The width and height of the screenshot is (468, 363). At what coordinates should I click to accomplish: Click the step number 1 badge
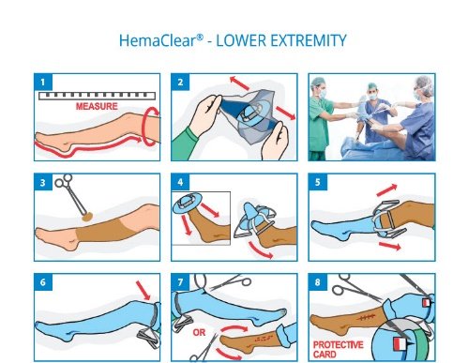pyautogui.click(x=43, y=83)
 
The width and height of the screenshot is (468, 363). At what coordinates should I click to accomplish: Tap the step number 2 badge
pyautogui.click(x=180, y=83)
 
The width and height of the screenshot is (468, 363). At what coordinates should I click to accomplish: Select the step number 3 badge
pyautogui.click(x=43, y=182)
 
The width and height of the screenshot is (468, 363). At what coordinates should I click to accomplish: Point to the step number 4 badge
pyautogui.click(x=180, y=182)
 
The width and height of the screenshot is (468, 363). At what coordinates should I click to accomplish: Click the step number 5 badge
pyautogui.click(x=318, y=182)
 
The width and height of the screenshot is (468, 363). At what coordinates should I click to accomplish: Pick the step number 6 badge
pyautogui.click(x=43, y=282)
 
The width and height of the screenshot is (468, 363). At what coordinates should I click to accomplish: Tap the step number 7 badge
pyautogui.click(x=180, y=282)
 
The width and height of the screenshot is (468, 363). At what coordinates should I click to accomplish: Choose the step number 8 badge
pyautogui.click(x=318, y=282)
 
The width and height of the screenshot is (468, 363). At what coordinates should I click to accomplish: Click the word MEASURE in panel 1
pyautogui.click(x=97, y=106)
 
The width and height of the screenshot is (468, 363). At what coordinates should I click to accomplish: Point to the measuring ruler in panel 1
pyautogui.click(x=97, y=96)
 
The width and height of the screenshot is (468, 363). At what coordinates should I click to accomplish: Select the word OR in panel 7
pyautogui.click(x=199, y=332)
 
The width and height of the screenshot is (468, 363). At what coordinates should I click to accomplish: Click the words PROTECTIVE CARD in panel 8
pyautogui.click(x=339, y=350)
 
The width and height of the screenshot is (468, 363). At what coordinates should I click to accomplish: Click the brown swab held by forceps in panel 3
pyautogui.click(x=87, y=217)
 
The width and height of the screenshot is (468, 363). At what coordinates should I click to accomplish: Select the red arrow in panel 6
pyautogui.click(x=143, y=291)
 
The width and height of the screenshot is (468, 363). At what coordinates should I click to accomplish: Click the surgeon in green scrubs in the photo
pyautogui.click(x=321, y=119)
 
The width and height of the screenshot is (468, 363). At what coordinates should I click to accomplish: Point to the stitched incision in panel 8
pyautogui.click(x=366, y=318)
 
